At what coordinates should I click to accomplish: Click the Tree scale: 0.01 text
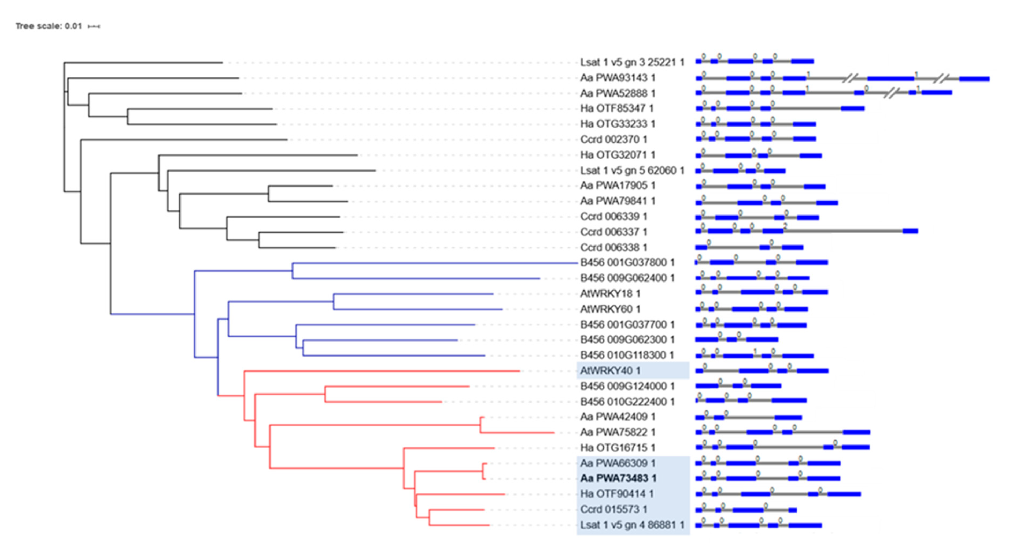(x=49, y=26)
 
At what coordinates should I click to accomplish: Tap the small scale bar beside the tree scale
(x=94, y=27)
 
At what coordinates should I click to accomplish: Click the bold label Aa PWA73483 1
(x=618, y=478)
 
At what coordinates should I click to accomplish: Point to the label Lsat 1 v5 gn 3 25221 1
(x=632, y=62)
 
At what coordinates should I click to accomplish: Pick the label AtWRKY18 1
(x=610, y=293)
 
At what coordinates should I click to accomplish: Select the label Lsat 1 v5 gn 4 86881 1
(x=632, y=525)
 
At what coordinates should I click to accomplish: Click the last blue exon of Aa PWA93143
(x=974, y=79)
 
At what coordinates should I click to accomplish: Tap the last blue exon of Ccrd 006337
(x=910, y=231)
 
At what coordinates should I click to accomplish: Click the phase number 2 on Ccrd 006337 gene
(x=785, y=226)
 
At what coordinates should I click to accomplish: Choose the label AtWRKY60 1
(x=610, y=309)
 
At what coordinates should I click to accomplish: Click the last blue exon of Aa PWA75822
(x=856, y=432)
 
